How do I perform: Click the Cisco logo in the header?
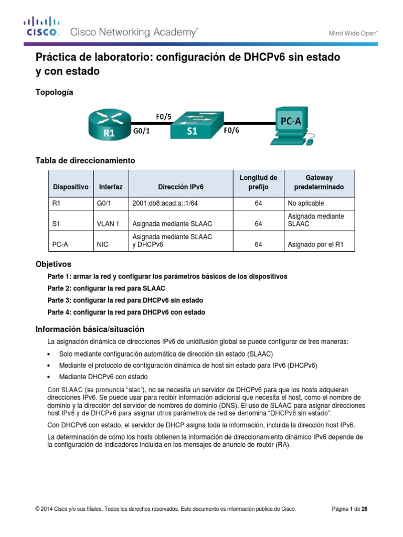coord(41,27)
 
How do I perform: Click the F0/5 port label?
coord(164,116)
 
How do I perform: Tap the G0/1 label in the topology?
coord(141,132)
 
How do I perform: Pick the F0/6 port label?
coord(231,132)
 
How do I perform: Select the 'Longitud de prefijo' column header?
coord(258,182)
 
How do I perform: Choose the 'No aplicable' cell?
coord(306,203)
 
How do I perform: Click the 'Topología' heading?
coord(54,92)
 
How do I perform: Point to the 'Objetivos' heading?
coord(53,264)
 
